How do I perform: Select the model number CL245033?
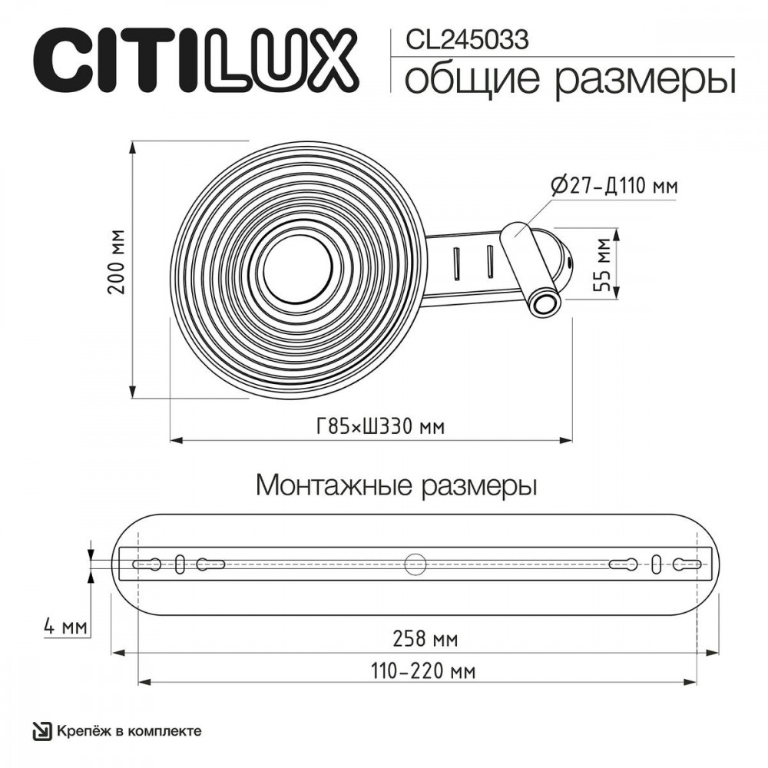coord(467,39)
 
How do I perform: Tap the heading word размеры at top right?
coord(646,81)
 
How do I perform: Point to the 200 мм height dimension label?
coord(117,262)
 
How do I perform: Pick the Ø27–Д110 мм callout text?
coord(614,186)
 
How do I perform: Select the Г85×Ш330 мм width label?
coord(380,426)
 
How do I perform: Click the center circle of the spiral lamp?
coord(297,269)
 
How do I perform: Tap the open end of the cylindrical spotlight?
coord(545,305)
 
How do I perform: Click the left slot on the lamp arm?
coord(457,264)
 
